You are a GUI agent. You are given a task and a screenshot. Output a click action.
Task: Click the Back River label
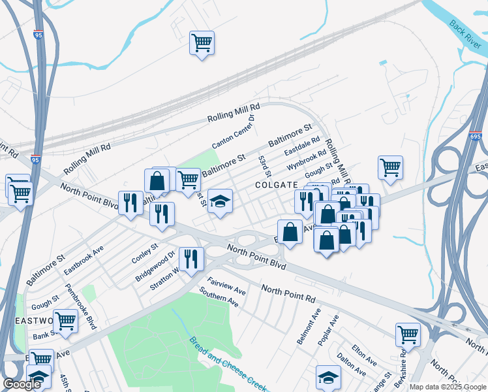tap(465, 34)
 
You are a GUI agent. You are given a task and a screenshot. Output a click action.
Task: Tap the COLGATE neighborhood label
tap(276, 185)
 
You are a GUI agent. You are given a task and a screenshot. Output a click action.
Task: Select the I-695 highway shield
tap(474, 136)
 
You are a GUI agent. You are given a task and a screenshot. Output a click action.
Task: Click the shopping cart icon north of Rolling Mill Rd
tap(202, 43)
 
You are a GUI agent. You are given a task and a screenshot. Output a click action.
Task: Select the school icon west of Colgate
tap(221, 201)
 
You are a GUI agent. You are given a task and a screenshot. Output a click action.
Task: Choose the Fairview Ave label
tap(226, 286)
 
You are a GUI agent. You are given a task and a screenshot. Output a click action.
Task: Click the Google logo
tap(22, 384)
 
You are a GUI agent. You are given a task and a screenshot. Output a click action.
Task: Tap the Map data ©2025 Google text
tap(448, 387)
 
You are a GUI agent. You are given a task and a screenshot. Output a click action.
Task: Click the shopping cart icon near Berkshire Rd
tap(408, 335)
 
